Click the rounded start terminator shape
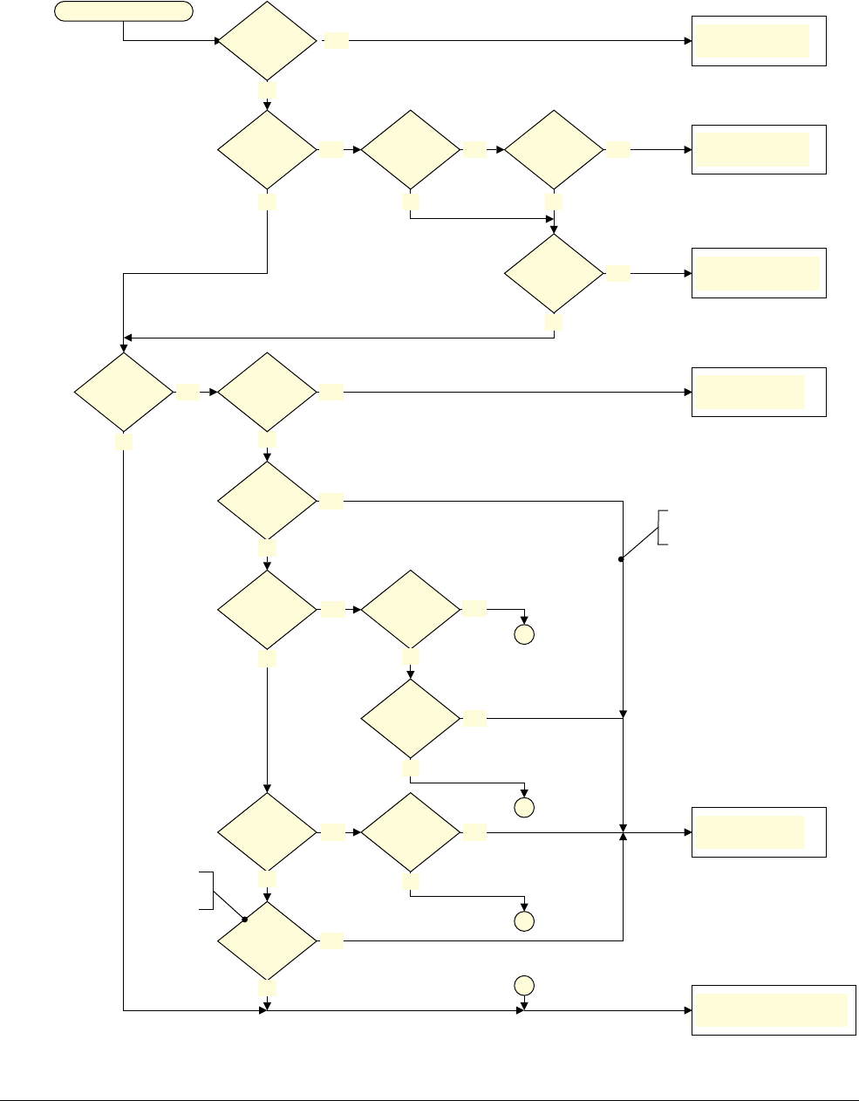point(123,11)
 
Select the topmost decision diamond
point(267,41)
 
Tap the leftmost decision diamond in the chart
point(123,392)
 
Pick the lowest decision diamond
point(267,941)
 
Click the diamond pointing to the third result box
point(554,273)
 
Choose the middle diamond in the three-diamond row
point(410,149)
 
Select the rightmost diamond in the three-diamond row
point(554,149)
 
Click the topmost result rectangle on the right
point(759,41)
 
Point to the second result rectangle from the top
point(759,149)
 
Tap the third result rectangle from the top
point(759,273)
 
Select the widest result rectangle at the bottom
point(774,1010)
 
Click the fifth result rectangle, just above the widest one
point(759,832)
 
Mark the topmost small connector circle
point(523,634)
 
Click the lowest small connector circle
point(523,985)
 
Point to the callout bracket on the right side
point(664,526)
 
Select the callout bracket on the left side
point(207,890)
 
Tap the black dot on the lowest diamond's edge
point(245,920)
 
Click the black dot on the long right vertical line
point(623,559)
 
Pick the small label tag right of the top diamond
point(337,41)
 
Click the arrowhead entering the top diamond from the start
point(219,41)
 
